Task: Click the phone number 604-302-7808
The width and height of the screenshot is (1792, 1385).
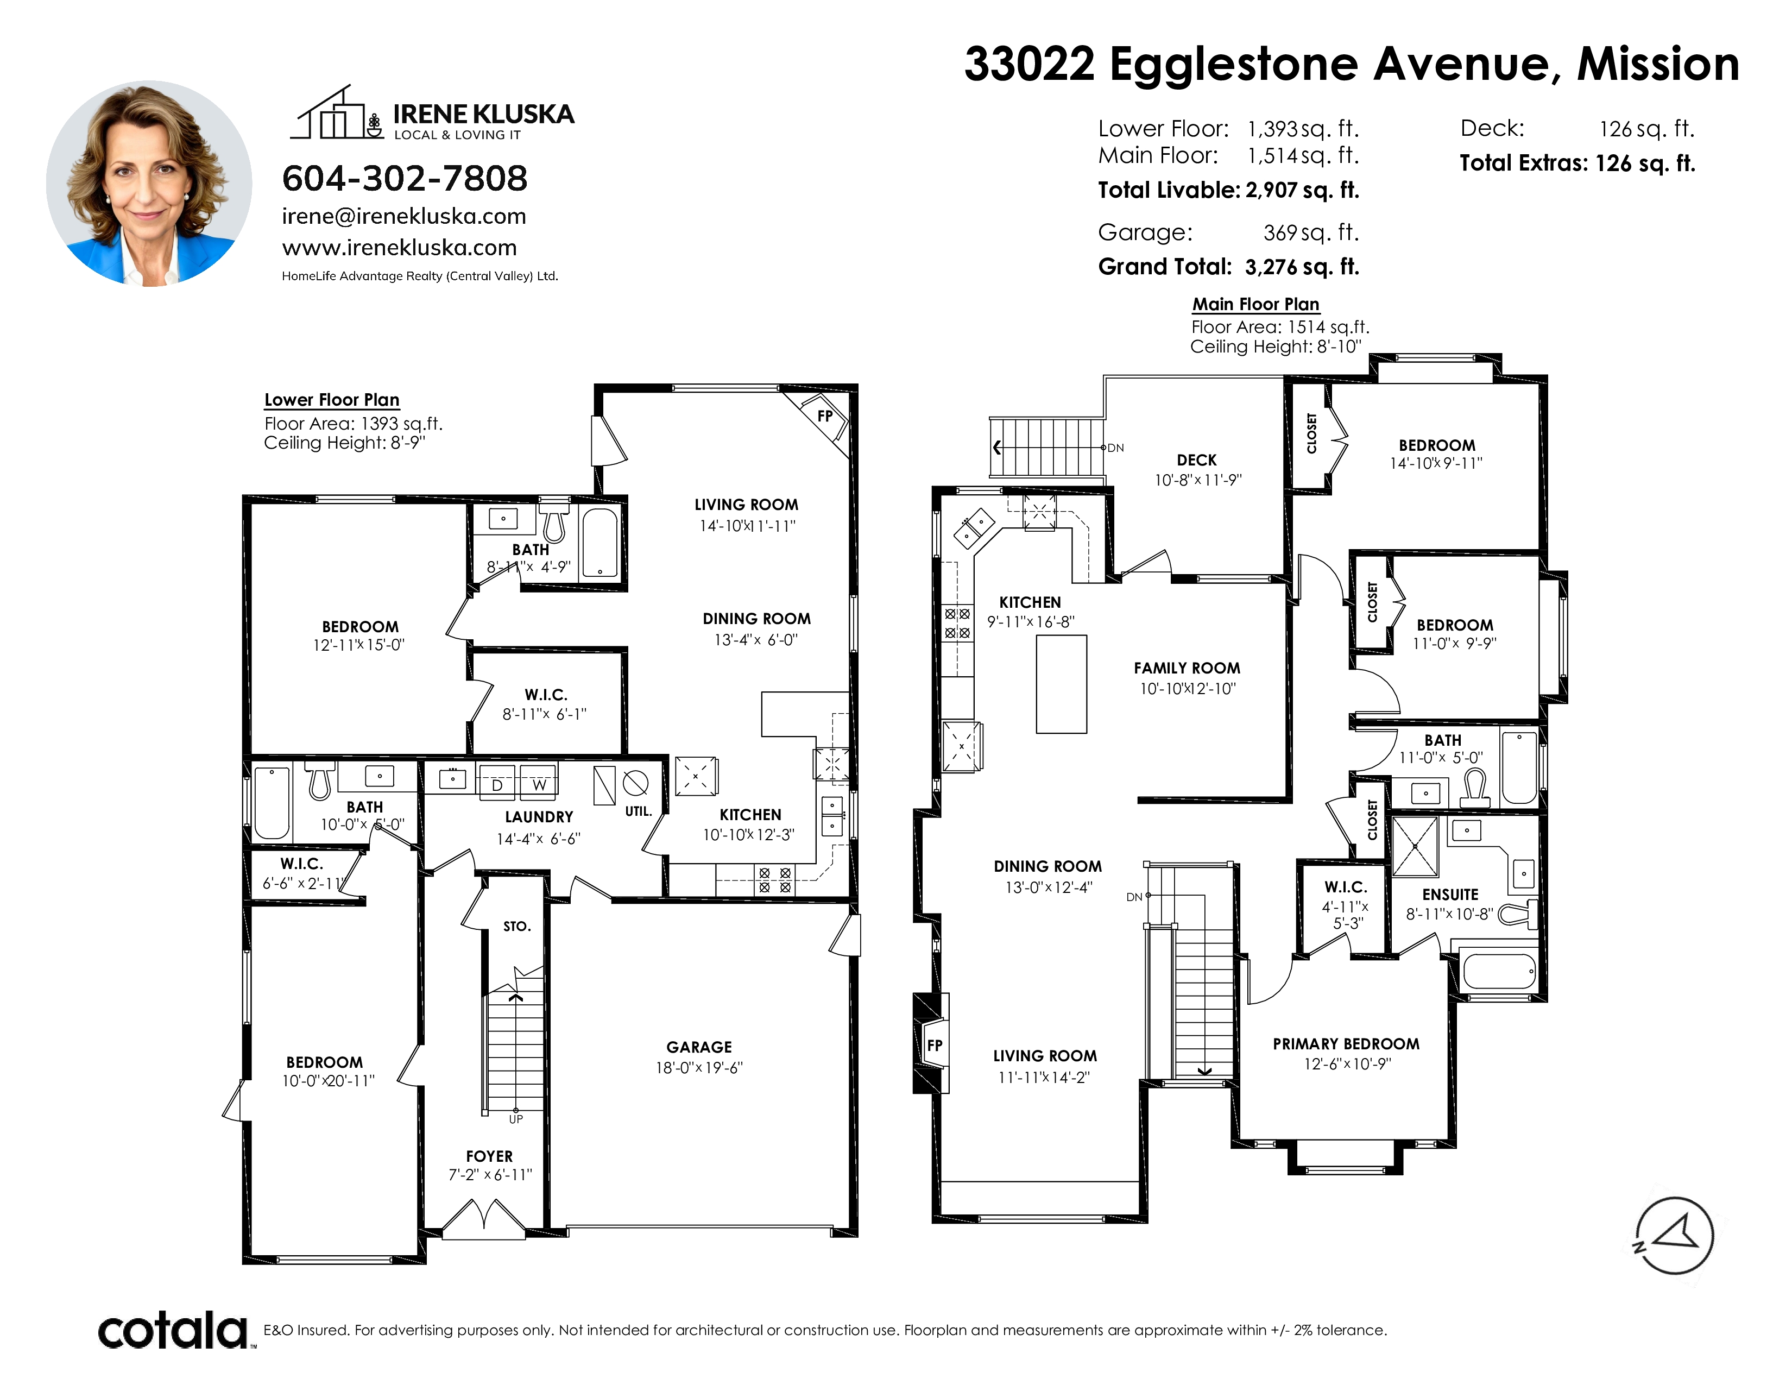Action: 405,178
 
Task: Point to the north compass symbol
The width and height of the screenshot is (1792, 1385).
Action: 1674,1236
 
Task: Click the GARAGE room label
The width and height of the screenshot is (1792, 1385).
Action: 699,1047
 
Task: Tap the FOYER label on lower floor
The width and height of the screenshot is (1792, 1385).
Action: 490,1156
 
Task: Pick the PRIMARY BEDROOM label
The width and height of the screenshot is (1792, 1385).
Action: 1346,1044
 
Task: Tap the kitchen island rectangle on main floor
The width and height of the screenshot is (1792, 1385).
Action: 1062,683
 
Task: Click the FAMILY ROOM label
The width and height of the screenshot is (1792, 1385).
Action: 1187,668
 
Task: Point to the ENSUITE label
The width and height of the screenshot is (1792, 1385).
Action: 1450,895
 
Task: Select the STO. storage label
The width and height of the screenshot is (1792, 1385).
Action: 517,927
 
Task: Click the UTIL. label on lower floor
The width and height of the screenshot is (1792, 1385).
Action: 639,811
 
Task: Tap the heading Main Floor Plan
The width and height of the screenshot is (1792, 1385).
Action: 1255,304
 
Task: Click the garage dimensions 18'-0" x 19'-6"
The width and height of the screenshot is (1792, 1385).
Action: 699,1067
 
